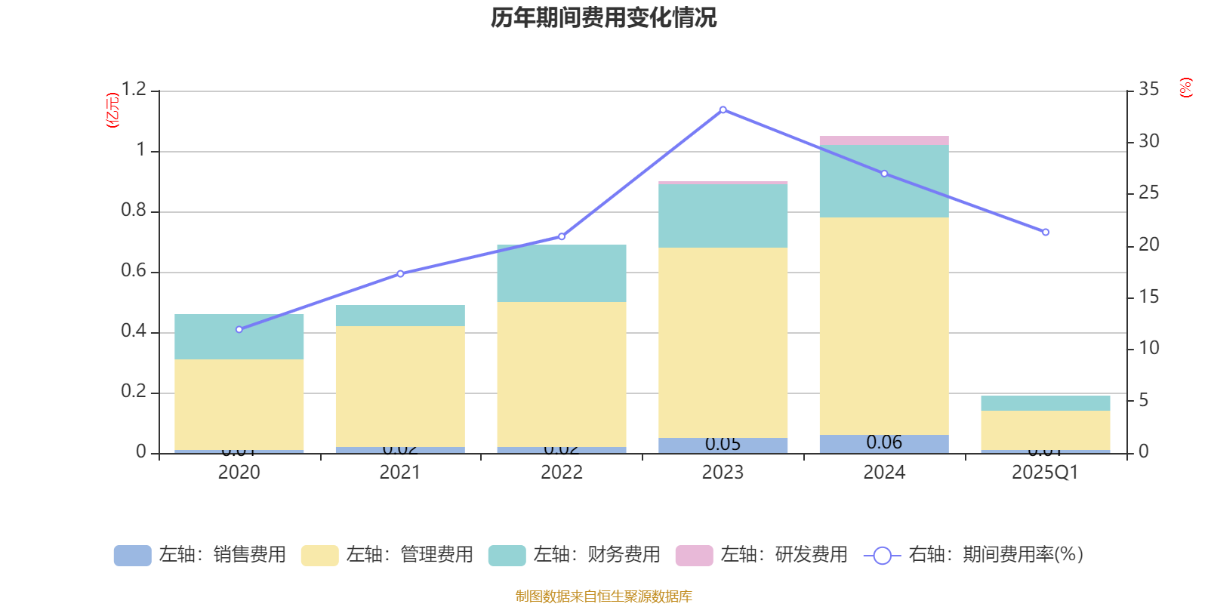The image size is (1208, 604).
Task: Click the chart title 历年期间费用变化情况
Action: tap(603, 17)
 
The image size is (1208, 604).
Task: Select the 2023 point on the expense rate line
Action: tap(723, 109)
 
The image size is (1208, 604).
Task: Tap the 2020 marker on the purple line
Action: tap(239, 329)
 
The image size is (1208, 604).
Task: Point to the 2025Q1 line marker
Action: tap(1046, 232)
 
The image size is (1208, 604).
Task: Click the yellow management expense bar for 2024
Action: tap(884, 325)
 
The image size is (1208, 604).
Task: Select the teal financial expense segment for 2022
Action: tap(562, 273)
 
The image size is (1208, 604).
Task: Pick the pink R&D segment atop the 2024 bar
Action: tap(884, 140)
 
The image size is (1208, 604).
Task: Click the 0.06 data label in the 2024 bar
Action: tap(884, 442)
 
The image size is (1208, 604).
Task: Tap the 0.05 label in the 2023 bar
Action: tap(723, 444)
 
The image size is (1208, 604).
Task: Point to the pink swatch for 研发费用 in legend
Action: tap(694, 555)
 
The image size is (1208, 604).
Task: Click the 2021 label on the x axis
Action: tap(400, 473)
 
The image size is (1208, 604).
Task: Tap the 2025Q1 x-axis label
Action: tap(1046, 473)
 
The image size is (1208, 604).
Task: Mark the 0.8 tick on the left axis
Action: tap(134, 211)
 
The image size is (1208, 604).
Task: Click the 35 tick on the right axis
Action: tap(1149, 89)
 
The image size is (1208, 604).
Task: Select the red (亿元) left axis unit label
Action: tap(112, 110)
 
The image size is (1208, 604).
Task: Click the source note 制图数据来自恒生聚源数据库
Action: tap(603, 596)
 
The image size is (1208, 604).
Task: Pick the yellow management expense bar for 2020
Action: tap(239, 404)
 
